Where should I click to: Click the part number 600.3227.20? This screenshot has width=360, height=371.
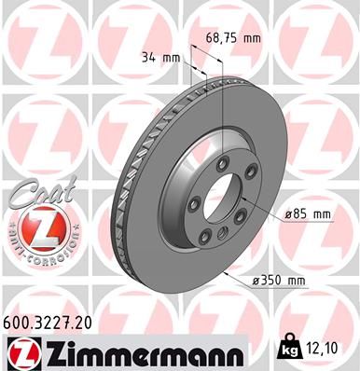[x=48, y=322]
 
